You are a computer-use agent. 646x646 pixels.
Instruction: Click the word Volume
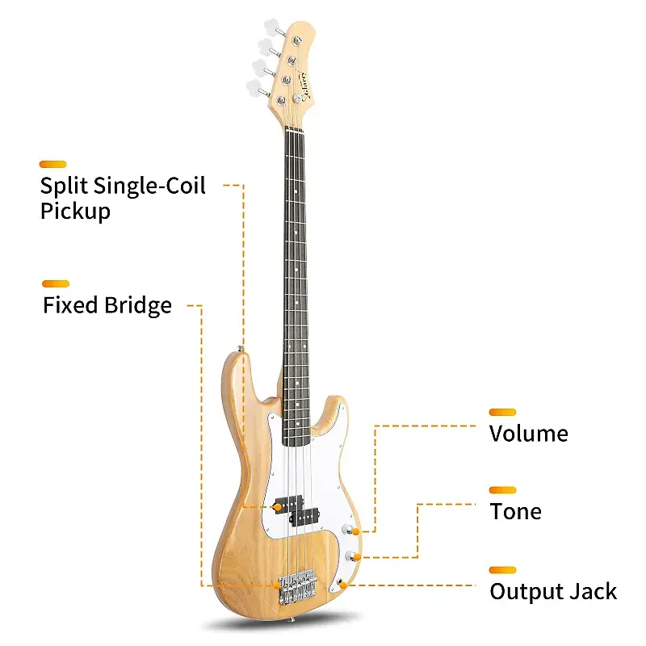pos(528,434)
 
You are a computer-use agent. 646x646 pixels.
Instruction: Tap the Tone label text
pos(515,511)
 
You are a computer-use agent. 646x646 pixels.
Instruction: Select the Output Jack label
pos(553,592)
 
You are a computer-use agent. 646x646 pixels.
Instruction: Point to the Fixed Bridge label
pos(107,305)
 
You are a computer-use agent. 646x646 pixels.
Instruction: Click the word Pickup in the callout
pos(75,212)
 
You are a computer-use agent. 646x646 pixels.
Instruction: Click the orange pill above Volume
pos(502,412)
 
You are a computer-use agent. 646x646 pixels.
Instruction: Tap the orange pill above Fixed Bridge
pos(56,283)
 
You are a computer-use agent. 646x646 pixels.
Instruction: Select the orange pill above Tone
pos(502,489)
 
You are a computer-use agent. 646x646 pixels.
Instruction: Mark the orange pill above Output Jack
pos(502,569)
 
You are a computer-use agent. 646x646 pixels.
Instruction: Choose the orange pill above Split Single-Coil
pos(53,164)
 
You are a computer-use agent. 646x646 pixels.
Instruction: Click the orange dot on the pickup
pos(279,506)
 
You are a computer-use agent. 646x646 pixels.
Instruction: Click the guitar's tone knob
pos(352,556)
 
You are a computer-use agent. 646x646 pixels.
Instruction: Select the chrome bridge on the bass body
pos(296,585)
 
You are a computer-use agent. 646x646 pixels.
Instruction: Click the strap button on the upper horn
pos(241,348)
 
